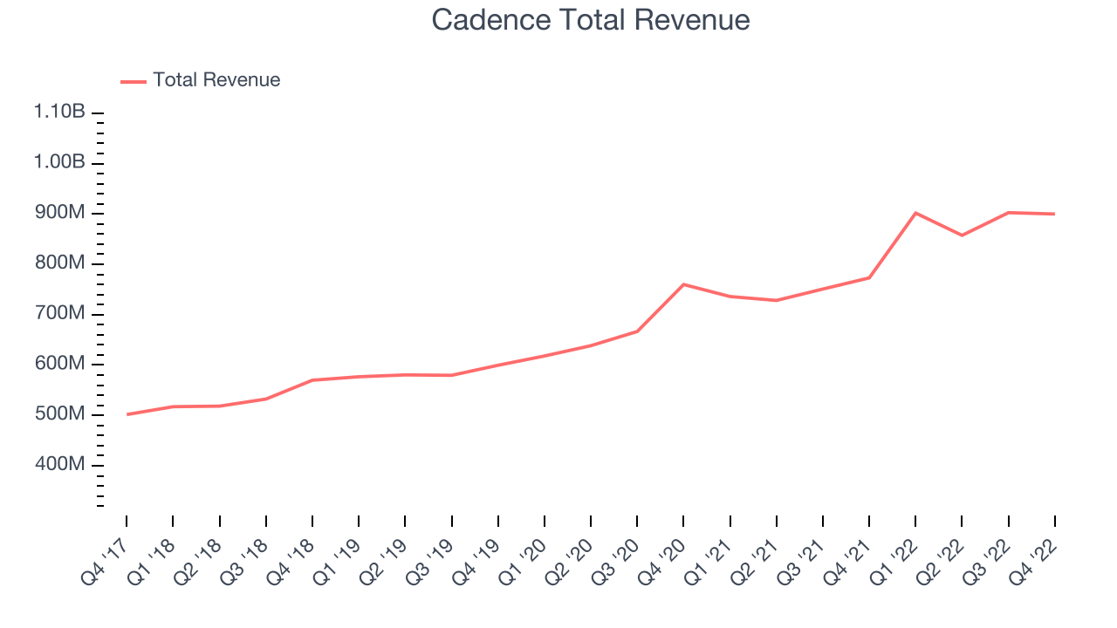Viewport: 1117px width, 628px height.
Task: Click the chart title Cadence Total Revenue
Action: (x=591, y=20)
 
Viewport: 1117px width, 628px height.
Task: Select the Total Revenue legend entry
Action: (x=201, y=80)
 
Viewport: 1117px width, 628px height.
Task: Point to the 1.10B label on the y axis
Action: (x=59, y=111)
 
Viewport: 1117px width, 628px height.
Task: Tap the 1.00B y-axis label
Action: (x=59, y=162)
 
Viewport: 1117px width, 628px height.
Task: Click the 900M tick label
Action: (x=60, y=212)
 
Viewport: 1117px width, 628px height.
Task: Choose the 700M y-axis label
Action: (x=60, y=313)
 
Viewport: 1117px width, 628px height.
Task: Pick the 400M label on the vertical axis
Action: (x=60, y=464)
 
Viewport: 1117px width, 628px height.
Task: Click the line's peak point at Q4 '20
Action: (x=683, y=284)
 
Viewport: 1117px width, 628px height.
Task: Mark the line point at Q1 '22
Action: (x=915, y=214)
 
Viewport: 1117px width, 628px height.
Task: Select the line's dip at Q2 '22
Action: (x=962, y=235)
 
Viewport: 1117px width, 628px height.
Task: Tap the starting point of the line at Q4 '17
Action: (x=127, y=414)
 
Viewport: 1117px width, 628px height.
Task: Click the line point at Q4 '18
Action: (x=312, y=380)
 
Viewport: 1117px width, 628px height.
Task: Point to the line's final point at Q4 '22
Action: (x=1054, y=214)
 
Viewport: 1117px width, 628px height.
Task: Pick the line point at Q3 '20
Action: (x=637, y=331)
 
